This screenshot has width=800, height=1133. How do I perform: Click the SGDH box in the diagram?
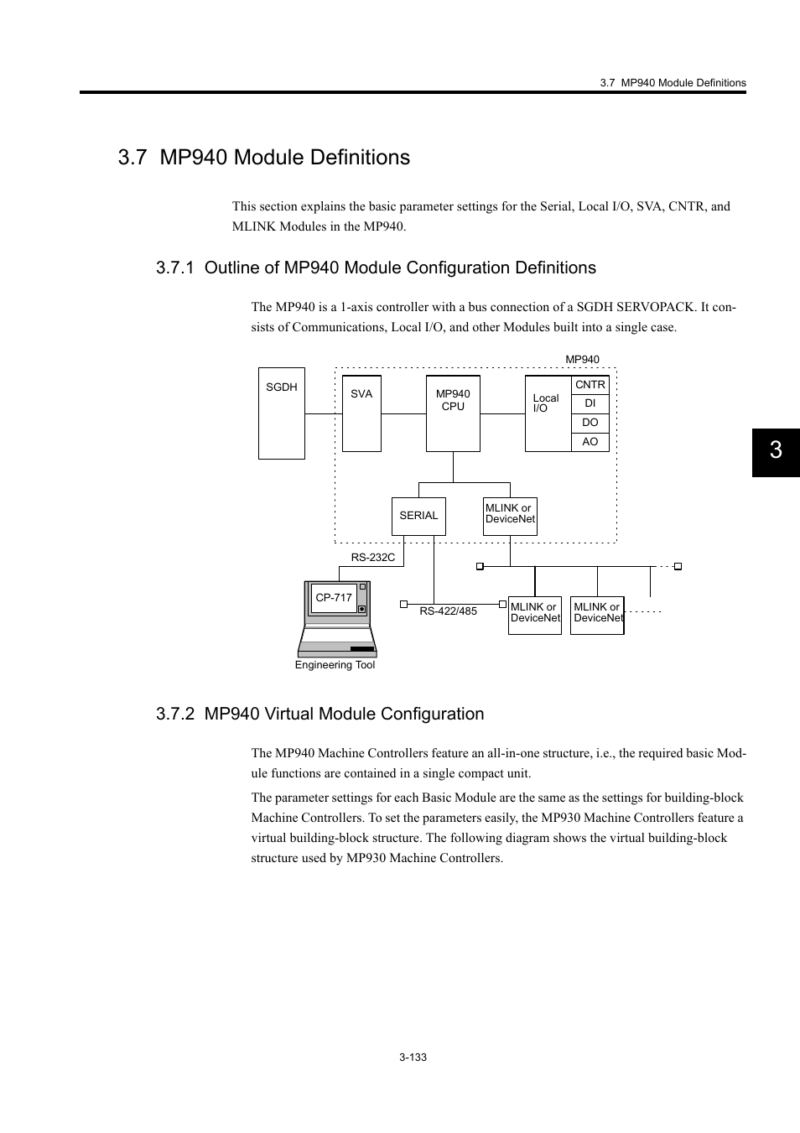coord(281,413)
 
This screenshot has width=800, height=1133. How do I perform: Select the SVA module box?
coord(361,413)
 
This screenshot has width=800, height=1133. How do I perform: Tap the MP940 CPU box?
coord(453,413)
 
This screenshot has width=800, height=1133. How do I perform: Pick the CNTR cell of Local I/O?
coord(590,385)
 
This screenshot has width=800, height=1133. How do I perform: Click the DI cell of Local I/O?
coord(590,403)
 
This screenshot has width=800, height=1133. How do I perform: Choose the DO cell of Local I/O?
coord(590,423)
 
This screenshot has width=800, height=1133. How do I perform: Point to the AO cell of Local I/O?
coord(590,442)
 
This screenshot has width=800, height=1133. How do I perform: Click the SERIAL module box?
coord(418,516)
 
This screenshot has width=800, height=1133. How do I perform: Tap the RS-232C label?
coord(373,558)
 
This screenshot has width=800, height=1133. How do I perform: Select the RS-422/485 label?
coord(448,611)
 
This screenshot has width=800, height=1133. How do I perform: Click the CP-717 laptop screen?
coord(334,598)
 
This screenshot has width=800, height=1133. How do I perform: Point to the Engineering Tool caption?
coord(335,665)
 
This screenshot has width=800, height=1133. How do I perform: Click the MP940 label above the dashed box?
coord(582,360)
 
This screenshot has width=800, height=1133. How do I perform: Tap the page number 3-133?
coord(413,1058)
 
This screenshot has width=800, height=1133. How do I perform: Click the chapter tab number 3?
coord(776,450)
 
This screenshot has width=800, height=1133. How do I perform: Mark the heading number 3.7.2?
coord(175,714)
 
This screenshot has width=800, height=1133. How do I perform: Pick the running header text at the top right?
coord(673,83)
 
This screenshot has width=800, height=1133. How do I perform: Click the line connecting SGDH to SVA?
coord(324,413)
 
